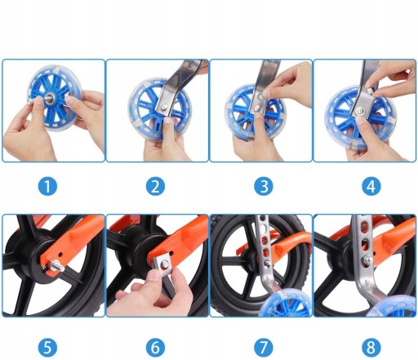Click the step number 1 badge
point(47,186)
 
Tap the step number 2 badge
point(155,186)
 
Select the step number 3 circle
point(264,186)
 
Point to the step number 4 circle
point(371,186)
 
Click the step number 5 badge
point(47,347)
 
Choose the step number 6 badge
point(155,347)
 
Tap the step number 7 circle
point(264,347)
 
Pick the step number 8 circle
point(371,347)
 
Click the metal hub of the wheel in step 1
point(51,97)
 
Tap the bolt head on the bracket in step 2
point(163,108)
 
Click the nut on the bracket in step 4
point(361,110)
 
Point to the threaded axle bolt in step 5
point(56,265)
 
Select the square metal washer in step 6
point(162,264)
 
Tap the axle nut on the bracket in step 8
point(367,260)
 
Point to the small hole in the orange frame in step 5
point(60,255)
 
